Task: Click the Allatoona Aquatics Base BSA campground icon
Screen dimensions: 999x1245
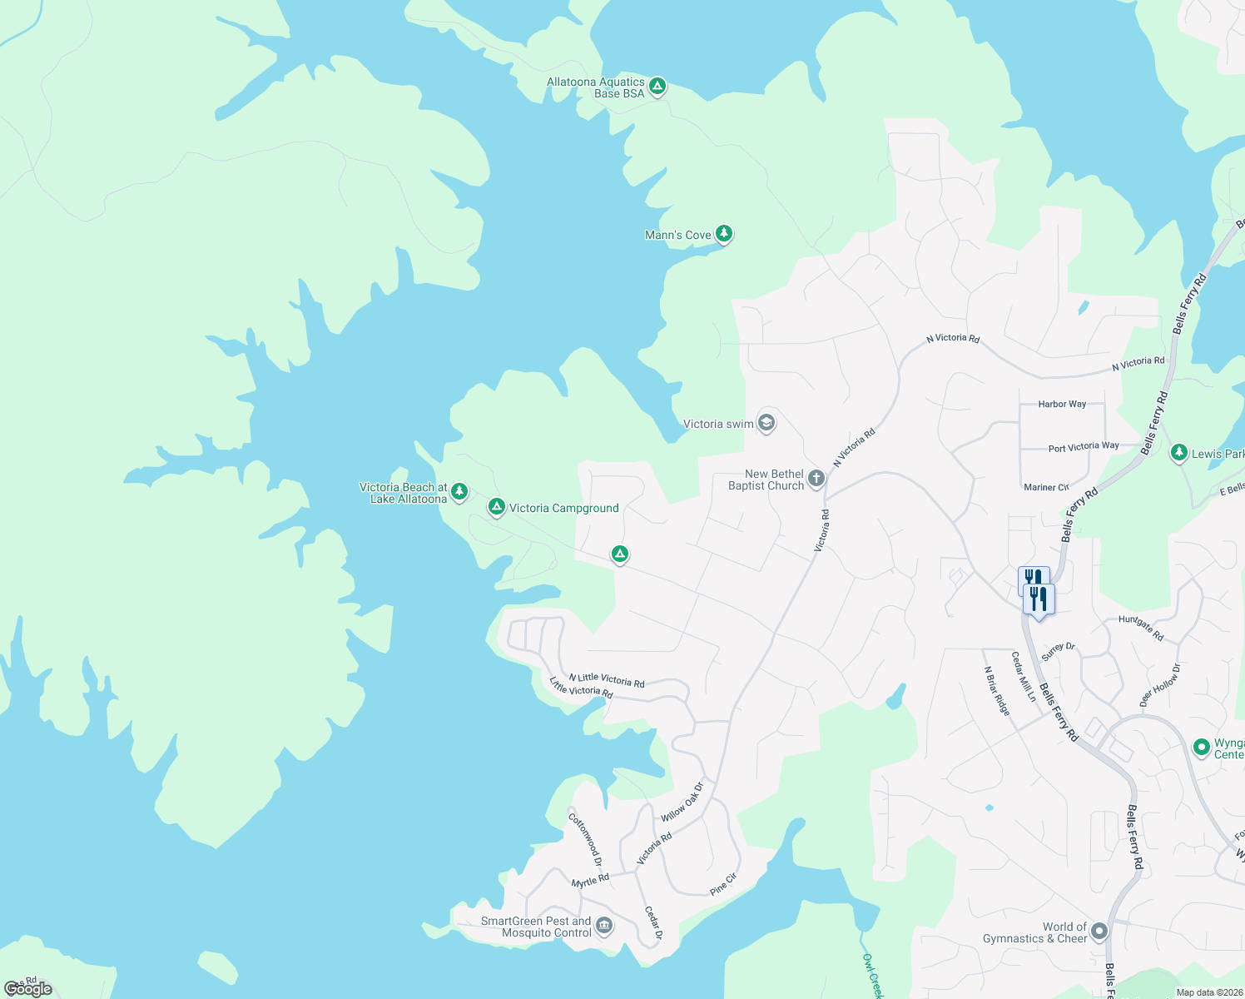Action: (x=657, y=86)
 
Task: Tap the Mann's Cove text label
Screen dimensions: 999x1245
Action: (x=677, y=235)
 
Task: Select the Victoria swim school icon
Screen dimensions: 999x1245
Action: (x=766, y=423)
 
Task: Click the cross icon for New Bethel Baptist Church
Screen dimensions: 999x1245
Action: (x=816, y=478)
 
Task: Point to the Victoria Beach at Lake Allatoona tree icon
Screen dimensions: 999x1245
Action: (x=459, y=491)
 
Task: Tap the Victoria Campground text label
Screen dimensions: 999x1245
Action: (x=563, y=508)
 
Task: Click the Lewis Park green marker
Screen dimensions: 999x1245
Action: (x=1178, y=453)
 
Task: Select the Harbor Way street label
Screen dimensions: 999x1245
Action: (x=1062, y=404)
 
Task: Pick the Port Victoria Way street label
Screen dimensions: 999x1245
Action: (x=1084, y=447)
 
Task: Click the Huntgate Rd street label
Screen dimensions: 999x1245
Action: (x=1141, y=628)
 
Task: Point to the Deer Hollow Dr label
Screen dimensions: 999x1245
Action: (x=1159, y=684)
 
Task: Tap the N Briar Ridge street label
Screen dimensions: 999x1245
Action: (x=997, y=691)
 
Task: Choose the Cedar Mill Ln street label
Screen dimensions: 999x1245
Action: (x=1024, y=676)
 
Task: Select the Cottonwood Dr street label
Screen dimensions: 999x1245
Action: (x=585, y=839)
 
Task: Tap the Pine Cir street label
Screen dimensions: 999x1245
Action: (x=723, y=884)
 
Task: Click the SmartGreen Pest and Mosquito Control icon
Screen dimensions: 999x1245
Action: (x=605, y=926)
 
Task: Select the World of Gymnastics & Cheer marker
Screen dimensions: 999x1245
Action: (x=1099, y=931)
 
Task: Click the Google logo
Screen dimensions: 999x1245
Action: (x=28, y=989)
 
